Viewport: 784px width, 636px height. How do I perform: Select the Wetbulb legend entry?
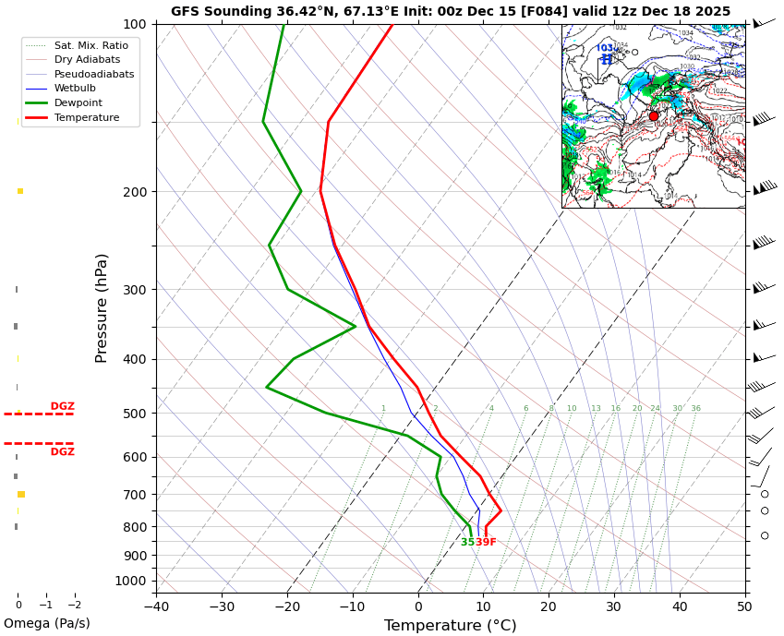pyautogui.click(x=75, y=89)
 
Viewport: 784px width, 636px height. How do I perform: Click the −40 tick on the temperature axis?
pyautogui.click(x=156, y=606)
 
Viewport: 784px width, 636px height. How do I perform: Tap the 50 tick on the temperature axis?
pyautogui.click(x=744, y=606)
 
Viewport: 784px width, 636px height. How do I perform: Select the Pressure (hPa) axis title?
pyautogui.click(x=102, y=307)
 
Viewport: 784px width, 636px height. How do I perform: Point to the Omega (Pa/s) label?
pyautogui.click(x=47, y=624)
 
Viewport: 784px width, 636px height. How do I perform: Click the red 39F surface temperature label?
pyautogui.click(x=486, y=543)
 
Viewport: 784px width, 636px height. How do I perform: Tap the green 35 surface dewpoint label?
pyautogui.click(x=467, y=543)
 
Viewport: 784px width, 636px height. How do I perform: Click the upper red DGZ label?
pyautogui.click(x=63, y=406)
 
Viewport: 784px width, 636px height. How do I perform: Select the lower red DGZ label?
pyautogui.click(x=63, y=452)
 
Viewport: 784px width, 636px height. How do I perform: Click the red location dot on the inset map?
pyautogui.click(x=654, y=116)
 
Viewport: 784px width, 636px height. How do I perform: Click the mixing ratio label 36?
pyautogui.click(x=695, y=409)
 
